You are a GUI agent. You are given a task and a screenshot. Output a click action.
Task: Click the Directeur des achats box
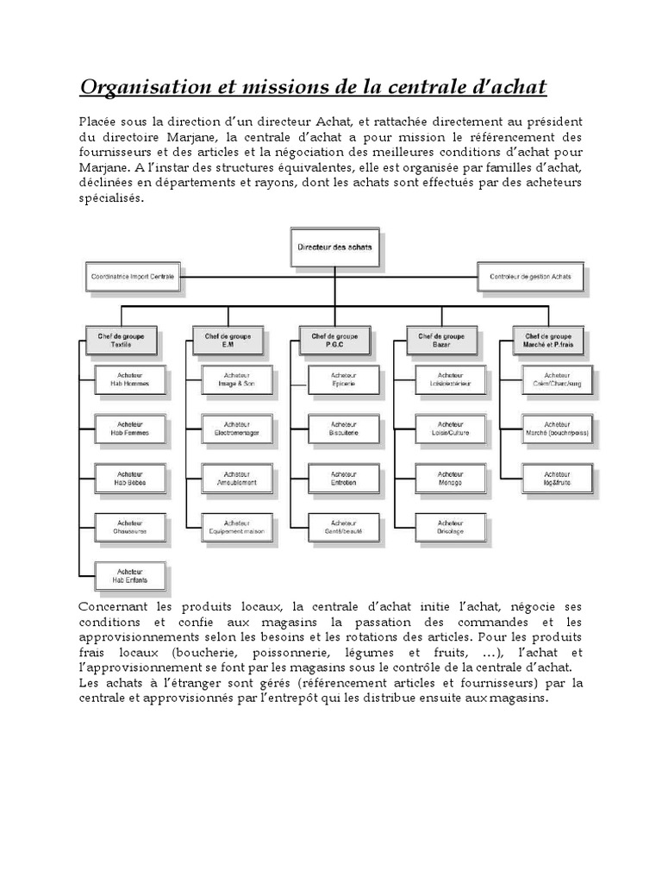coord(335,247)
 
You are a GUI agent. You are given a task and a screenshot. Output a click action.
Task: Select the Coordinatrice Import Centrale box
coord(132,278)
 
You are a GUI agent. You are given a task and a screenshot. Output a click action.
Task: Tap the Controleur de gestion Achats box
coord(530,278)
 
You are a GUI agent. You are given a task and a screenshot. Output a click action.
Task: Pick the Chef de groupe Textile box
coord(121,341)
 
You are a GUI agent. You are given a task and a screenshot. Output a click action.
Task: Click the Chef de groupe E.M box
coord(228,341)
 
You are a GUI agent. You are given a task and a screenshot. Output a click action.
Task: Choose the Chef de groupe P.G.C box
coord(334,341)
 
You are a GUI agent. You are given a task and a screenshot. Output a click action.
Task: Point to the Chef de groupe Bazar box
coord(441,341)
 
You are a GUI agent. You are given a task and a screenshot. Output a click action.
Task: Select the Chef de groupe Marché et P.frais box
coord(547,341)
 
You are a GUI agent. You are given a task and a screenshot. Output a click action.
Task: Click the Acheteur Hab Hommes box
coord(130,379)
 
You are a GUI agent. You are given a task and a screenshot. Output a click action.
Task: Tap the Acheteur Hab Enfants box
coord(130,575)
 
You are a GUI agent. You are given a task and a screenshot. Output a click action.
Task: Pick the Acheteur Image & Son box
coord(237,379)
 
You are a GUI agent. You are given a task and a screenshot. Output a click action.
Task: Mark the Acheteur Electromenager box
coord(237,429)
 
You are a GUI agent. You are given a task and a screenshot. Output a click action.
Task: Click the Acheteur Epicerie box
coord(343,379)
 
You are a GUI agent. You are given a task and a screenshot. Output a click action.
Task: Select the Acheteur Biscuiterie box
coord(343,429)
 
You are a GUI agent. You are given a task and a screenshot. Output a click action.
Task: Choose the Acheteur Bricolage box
coord(450,527)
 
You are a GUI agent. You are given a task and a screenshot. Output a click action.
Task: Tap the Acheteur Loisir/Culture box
coord(450,429)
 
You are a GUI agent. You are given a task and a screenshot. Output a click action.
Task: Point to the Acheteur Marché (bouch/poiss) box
coord(557,429)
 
